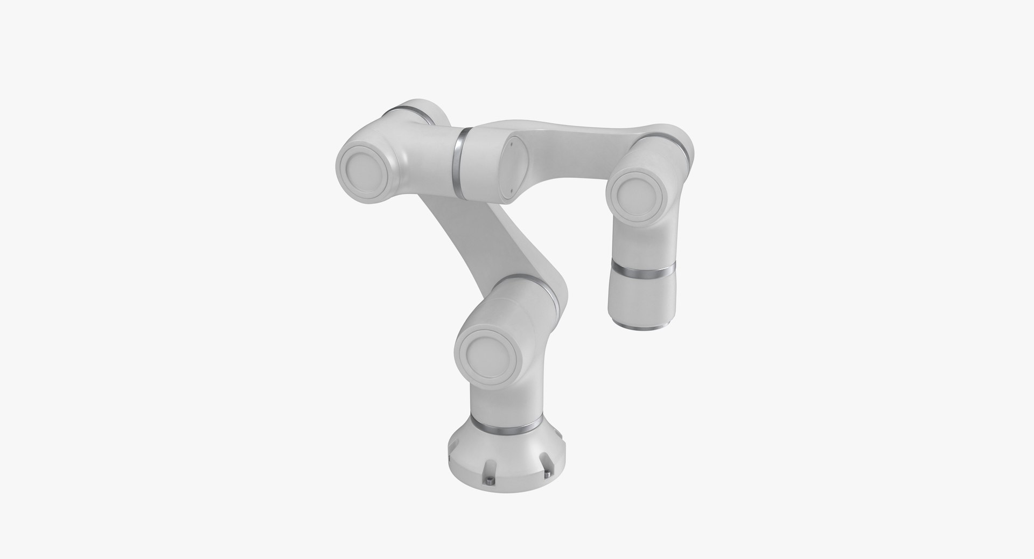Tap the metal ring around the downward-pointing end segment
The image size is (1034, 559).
point(642,271)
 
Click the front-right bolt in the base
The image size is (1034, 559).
point(548,473)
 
